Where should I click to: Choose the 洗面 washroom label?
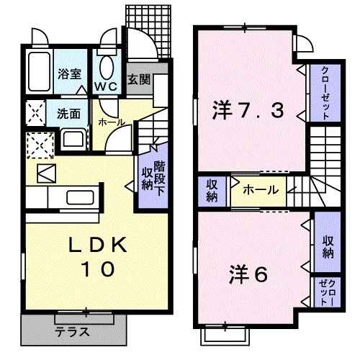point(69,113)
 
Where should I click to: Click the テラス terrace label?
point(72,332)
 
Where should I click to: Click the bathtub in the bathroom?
point(39,70)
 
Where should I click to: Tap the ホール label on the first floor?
point(111,122)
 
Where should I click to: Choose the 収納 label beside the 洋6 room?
point(327,247)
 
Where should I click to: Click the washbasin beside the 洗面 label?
point(71,136)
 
